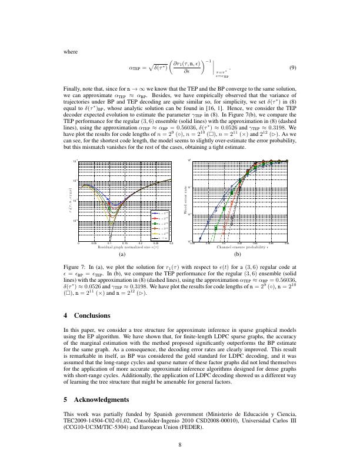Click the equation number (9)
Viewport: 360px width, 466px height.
point(292,68)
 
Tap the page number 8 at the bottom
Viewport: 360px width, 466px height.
point(180,445)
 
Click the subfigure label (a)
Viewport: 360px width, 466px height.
point(122,256)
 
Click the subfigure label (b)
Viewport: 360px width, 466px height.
point(238,256)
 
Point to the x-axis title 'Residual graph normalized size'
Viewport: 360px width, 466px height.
point(122,248)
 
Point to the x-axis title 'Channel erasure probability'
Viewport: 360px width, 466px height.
point(238,248)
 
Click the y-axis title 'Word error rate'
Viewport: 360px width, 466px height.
point(185,196)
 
